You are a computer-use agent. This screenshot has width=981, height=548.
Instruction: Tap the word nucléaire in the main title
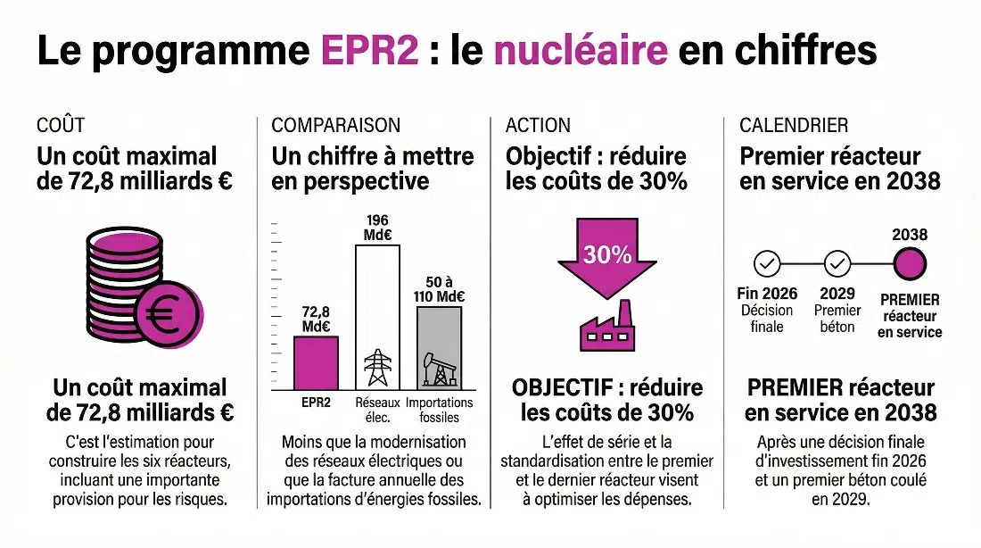tap(580, 52)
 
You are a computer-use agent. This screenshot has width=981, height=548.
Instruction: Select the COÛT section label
tap(61, 126)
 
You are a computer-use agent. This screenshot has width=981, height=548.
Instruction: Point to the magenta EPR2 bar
tap(317, 363)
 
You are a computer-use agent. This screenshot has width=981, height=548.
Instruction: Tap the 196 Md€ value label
tap(378, 228)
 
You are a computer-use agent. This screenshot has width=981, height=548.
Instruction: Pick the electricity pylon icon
tap(378, 368)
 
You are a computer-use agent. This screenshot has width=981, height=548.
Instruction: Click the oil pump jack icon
tap(440, 369)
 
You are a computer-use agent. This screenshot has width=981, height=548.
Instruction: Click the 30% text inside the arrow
tap(607, 254)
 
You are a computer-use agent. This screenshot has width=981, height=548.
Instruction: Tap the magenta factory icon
tap(606, 328)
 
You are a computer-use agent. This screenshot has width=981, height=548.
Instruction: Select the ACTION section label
tap(538, 126)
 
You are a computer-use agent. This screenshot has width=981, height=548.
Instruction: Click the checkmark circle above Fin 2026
tap(767, 264)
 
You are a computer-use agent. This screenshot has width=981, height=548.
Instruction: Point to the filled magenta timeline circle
tap(910, 264)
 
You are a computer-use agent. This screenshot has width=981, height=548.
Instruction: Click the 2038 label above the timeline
tap(910, 236)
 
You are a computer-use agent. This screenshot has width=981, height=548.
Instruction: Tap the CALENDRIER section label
tap(794, 126)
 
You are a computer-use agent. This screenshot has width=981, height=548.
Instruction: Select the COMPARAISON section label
tap(336, 126)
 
